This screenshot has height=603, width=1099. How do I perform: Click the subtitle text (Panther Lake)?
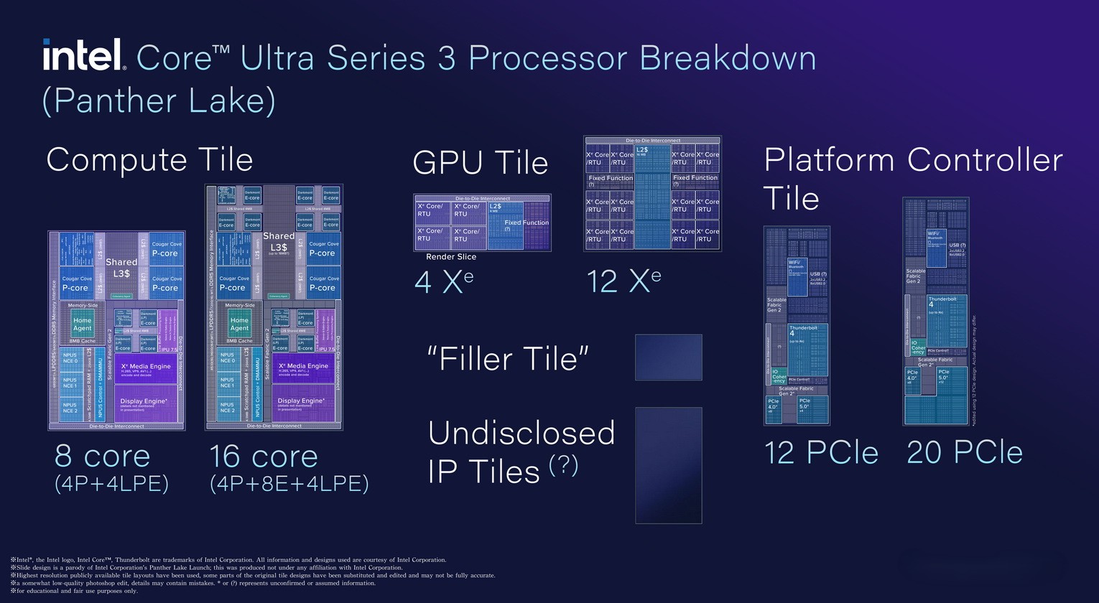pos(159,100)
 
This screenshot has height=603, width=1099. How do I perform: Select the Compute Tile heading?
pos(149,159)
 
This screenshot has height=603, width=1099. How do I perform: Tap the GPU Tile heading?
pos(480,162)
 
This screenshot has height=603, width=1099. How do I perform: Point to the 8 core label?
pos(103,456)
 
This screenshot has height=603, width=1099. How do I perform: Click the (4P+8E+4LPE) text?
pos(289,483)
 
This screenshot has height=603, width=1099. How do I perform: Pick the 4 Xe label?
pos(444,281)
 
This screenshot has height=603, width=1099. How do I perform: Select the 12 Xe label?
pos(623,281)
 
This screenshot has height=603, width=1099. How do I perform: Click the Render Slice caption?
pos(451,257)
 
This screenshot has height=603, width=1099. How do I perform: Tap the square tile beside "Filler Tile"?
pos(668,357)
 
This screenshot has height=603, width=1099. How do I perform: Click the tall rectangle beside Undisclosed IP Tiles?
pos(668,465)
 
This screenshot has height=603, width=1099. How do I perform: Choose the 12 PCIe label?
pos(821,452)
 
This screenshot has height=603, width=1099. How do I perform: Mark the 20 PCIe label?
pos(964,452)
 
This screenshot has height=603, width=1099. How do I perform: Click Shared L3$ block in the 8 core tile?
pos(121,267)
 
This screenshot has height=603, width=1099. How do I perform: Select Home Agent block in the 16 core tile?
pos(239,324)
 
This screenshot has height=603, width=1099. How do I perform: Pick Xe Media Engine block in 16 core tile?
pos(303,368)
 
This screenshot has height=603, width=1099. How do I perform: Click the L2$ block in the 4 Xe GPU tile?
pos(504,224)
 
